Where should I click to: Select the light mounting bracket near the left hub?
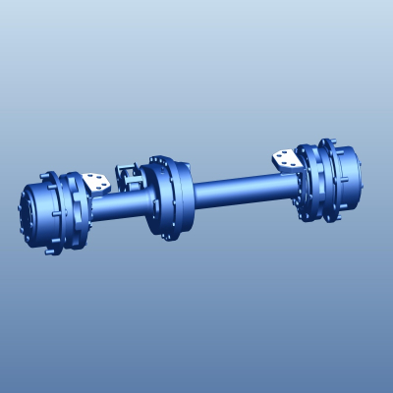[95, 183]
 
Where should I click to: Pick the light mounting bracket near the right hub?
[286, 159]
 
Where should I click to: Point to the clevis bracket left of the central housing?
[127, 177]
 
